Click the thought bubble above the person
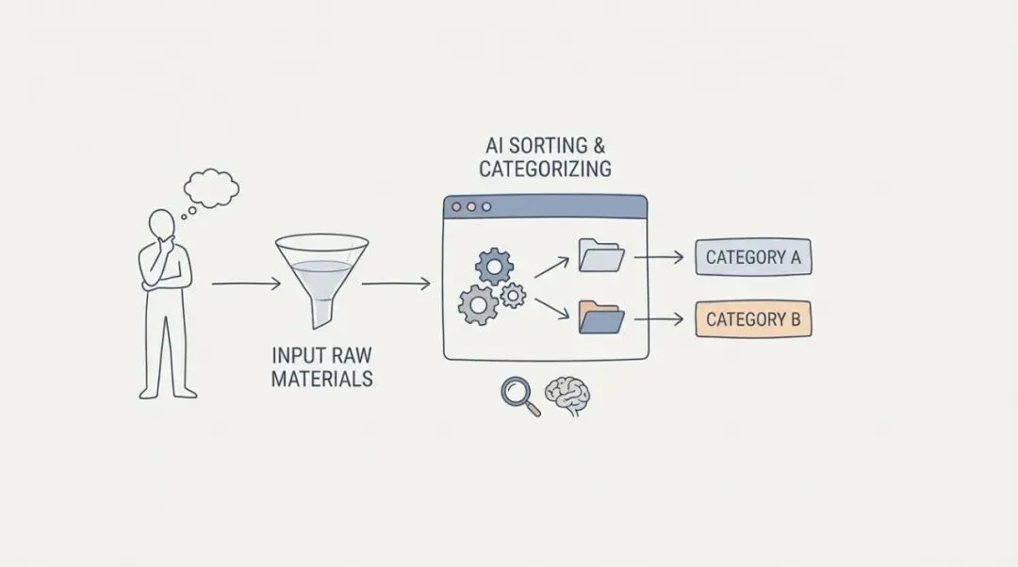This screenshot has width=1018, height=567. (211, 186)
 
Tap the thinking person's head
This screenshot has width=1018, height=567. (162, 226)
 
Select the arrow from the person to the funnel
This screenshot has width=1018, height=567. (245, 283)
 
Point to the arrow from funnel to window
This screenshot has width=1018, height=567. (396, 283)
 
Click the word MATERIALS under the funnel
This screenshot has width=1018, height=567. (321, 380)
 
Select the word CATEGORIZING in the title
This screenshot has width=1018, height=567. (545, 170)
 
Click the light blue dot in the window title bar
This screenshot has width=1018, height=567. (486, 206)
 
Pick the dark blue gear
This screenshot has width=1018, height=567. (494, 267)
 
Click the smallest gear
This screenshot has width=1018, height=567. (512, 296)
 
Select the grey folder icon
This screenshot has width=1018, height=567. (600, 254)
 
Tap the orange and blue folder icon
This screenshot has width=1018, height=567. (601, 317)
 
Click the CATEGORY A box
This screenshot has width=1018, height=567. (753, 257)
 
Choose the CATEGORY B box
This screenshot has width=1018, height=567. (753, 319)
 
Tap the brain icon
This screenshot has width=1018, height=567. (567, 397)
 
